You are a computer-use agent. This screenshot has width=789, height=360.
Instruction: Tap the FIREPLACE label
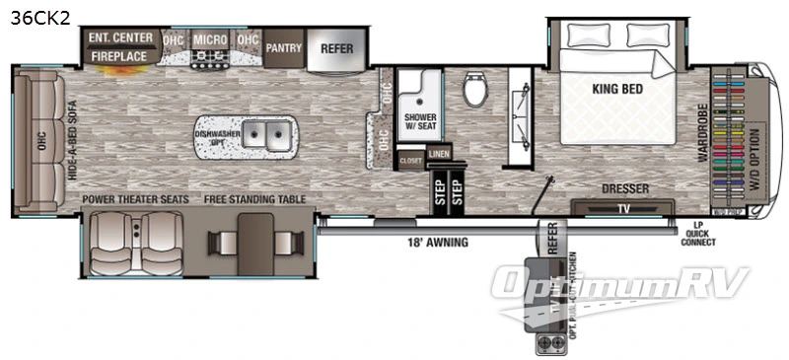coord(120,57)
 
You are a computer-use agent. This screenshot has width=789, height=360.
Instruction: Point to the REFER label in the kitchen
coord(336,46)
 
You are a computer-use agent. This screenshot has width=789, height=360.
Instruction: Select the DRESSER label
coord(622,186)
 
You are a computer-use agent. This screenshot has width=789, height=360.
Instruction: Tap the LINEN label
coord(439,155)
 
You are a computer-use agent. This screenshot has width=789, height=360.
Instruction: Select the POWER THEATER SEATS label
coord(135,199)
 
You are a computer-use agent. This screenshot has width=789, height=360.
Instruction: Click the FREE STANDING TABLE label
coord(254,199)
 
